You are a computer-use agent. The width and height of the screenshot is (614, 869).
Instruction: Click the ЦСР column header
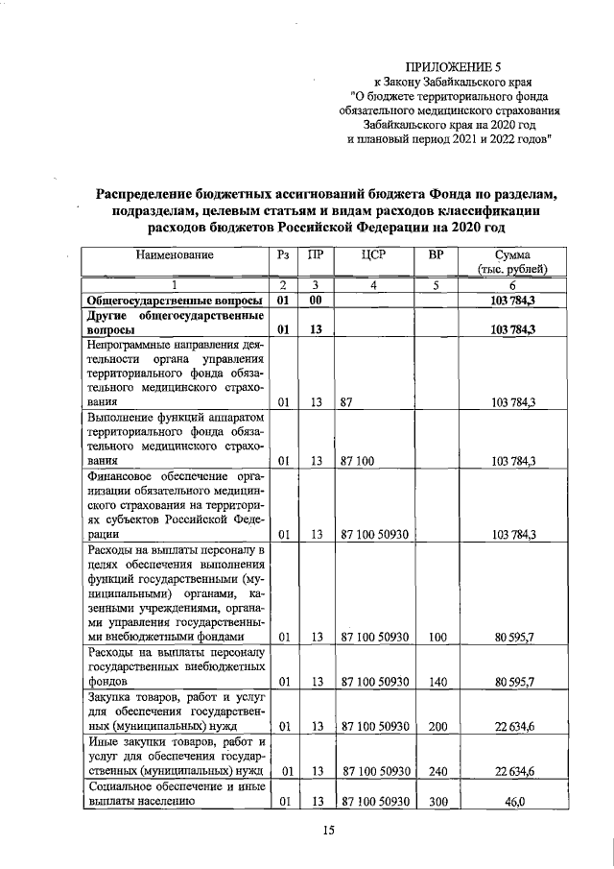(x=374, y=255)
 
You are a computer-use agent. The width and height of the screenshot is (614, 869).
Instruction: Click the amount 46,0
(x=520, y=801)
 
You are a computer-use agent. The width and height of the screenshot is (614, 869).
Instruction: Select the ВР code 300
(x=437, y=801)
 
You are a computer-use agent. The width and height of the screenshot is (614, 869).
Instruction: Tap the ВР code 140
(x=437, y=682)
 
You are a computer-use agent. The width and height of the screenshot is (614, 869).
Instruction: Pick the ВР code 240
(x=437, y=770)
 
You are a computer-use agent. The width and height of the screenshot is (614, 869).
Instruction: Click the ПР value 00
(x=314, y=302)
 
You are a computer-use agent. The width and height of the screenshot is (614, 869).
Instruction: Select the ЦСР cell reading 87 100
(x=356, y=461)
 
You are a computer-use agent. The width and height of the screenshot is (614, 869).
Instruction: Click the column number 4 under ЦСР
(x=373, y=285)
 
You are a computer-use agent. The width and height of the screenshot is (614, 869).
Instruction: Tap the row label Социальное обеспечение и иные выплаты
(x=175, y=793)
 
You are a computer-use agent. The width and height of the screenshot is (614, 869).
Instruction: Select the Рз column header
(x=282, y=255)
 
